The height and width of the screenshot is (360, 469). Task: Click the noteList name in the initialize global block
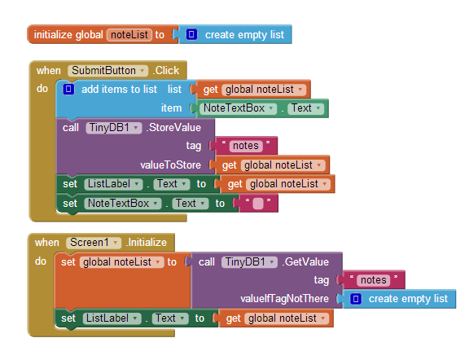(129, 35)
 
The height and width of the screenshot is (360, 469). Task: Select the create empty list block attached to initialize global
(235, 34)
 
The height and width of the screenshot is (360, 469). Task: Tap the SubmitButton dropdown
(107, 71)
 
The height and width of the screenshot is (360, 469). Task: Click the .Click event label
(166, 71)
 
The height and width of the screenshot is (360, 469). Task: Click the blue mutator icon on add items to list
(68, 89)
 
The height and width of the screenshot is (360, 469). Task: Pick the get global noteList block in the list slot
(253, 89)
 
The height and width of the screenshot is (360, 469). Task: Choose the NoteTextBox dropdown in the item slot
(238, 108)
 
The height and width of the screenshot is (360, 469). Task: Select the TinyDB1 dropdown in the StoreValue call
(114, 128)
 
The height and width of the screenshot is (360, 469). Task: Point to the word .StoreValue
(173, 128)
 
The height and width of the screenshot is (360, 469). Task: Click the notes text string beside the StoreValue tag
(246, 146)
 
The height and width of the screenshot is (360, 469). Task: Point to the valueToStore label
(170, 165)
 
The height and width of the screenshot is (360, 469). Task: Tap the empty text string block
(258, 204)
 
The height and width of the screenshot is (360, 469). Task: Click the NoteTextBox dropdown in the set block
(123, 204)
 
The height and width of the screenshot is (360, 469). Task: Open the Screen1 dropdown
(94, 243)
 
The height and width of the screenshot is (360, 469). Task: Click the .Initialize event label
(147, 243)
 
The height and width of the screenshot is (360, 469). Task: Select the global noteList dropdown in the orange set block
(122, 262)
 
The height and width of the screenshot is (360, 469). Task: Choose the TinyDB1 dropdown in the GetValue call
(249, 262)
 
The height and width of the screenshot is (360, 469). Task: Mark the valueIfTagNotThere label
(284, 299)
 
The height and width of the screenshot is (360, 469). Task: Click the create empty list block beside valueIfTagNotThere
(399, 299)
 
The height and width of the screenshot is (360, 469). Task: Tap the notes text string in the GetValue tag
(374, 280)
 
